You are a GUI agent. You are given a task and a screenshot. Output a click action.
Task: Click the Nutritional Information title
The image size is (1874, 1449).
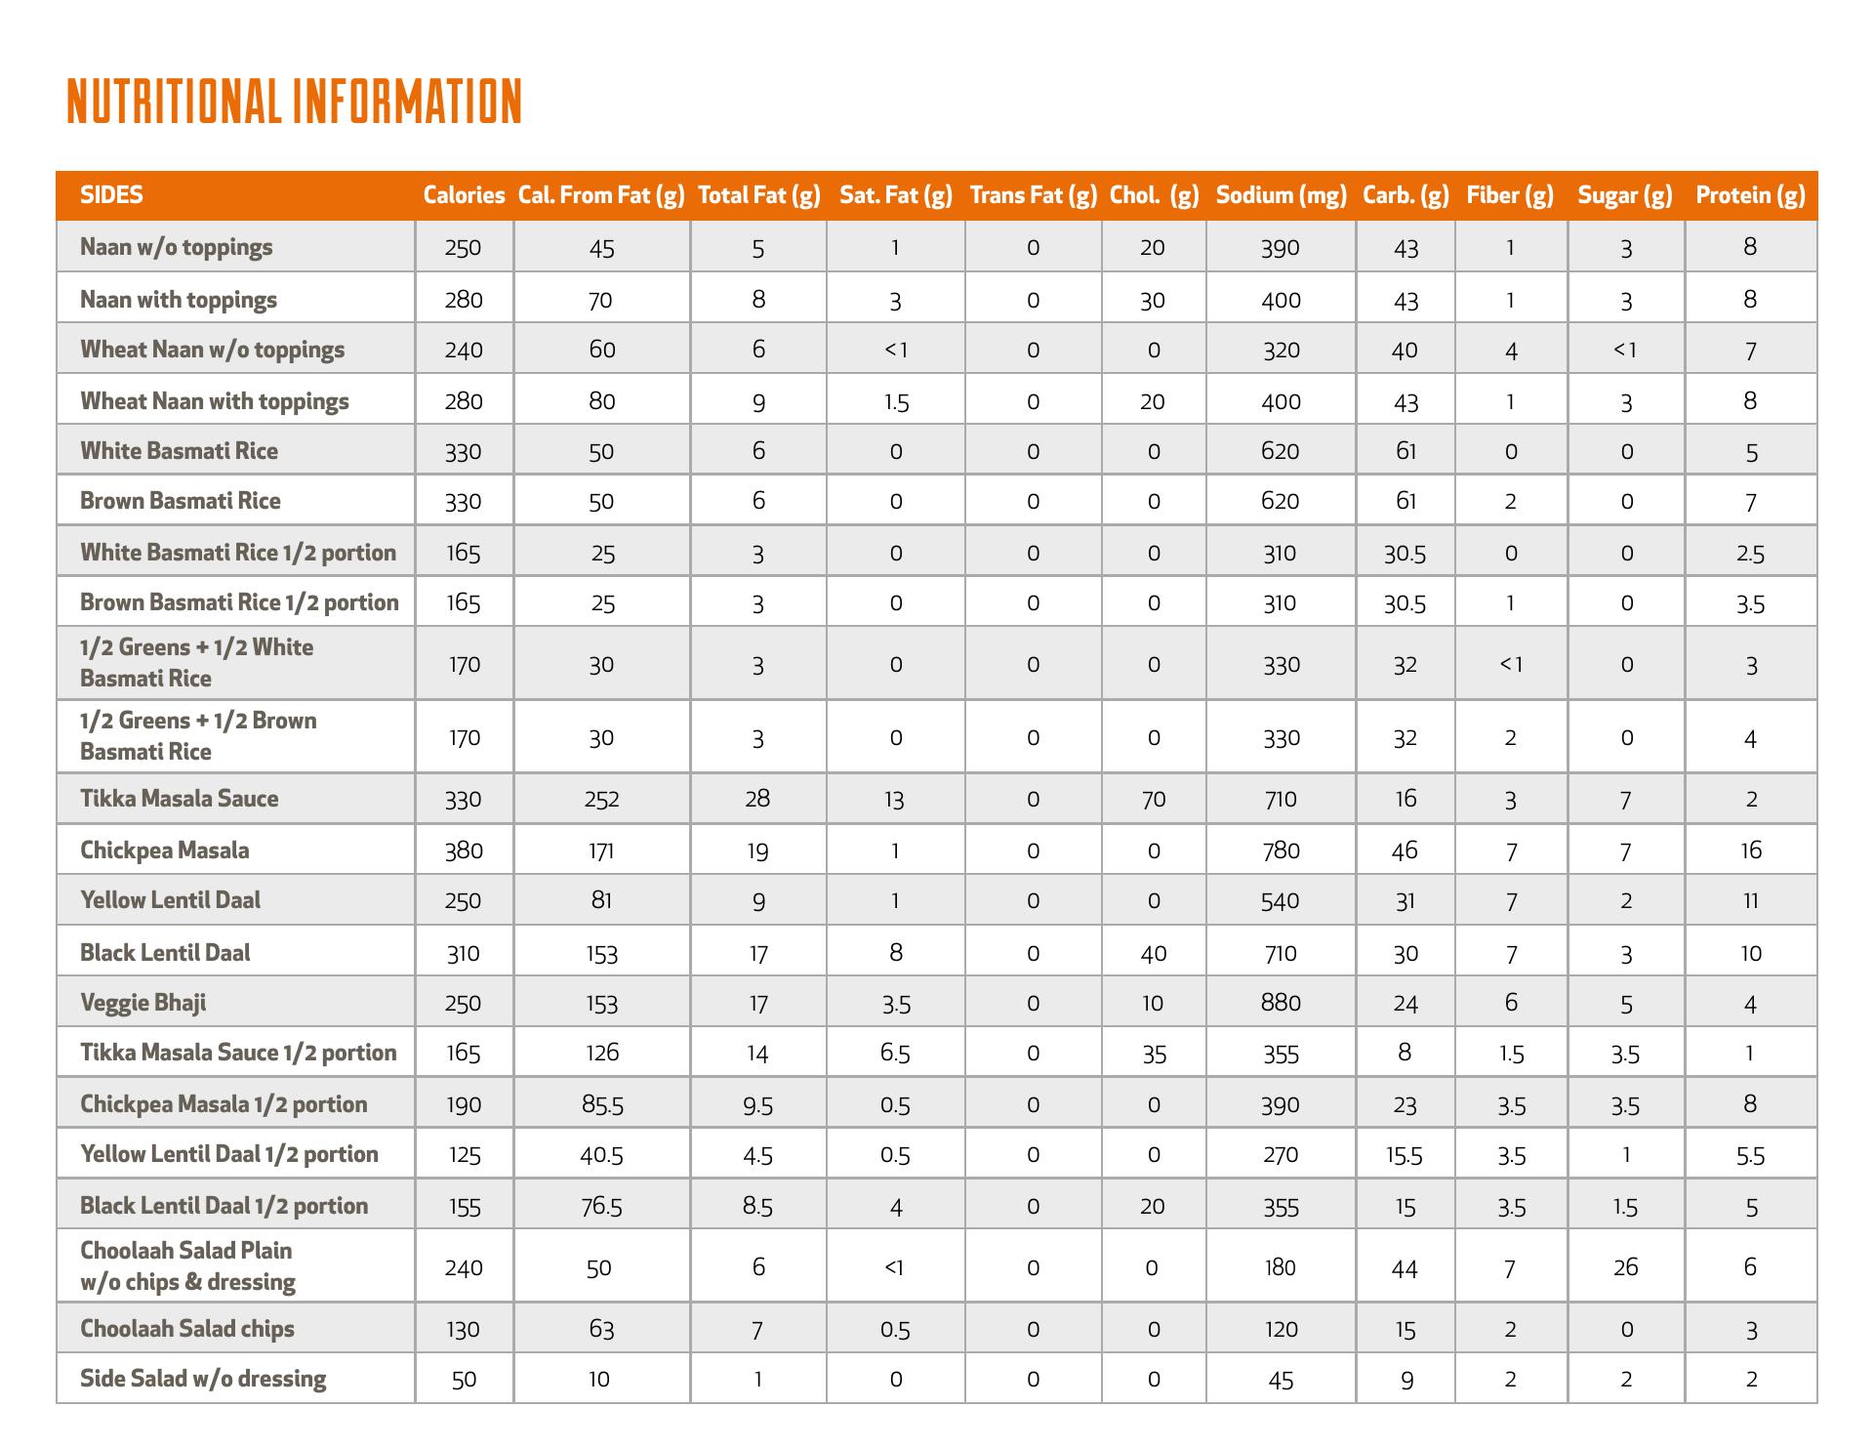294,102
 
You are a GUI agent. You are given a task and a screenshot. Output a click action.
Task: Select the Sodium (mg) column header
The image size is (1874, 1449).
1281,195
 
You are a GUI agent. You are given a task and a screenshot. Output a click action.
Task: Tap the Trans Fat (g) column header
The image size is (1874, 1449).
1034,195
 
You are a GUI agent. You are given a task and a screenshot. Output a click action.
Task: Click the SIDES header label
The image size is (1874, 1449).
111,195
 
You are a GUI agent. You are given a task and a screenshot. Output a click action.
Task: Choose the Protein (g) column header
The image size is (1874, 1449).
1750,195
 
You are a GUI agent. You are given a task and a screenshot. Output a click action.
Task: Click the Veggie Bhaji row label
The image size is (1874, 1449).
143,1003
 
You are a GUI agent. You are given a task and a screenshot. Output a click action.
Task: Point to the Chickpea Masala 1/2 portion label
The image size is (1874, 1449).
224,1104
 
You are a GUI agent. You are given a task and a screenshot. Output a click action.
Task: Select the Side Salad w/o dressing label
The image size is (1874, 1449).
203,1379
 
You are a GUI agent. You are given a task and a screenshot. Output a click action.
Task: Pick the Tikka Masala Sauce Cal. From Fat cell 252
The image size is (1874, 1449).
601,800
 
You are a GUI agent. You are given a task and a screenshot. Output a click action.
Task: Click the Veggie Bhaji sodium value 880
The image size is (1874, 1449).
1281,1003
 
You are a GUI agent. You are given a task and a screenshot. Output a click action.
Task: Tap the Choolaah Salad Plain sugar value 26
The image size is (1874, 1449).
1625,1267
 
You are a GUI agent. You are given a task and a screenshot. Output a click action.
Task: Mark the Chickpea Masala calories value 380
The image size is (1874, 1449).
464,850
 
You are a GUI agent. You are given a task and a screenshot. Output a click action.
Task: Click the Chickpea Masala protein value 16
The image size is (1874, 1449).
1751,850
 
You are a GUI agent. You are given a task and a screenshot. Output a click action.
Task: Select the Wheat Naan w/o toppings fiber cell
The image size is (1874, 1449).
1511,351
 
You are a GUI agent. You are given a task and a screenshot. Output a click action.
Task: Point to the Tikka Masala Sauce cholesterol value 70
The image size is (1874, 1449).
1154,800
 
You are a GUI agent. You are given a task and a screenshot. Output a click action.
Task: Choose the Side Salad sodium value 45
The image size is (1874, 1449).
1281,1380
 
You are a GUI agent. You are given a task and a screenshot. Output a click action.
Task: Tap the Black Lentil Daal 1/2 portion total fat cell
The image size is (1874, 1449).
757,1207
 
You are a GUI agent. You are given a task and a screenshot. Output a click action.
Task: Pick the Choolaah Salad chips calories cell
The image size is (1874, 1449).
464,1329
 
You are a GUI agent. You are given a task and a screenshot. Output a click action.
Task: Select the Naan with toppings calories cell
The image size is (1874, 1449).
464,300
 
